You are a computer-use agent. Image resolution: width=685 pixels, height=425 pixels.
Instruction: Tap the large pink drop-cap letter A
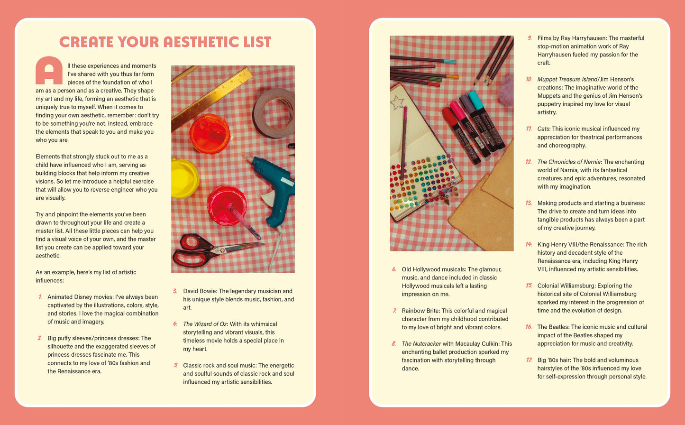[x=49, y=71]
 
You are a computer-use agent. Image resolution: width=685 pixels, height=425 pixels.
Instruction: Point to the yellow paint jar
[x=184, y=178]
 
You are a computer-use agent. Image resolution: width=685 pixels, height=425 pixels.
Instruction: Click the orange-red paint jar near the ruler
[x=209, y=134]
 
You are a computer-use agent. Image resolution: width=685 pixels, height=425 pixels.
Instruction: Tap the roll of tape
[x=274, y=113]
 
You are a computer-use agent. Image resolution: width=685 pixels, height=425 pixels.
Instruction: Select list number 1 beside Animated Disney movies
[x=40, y=297]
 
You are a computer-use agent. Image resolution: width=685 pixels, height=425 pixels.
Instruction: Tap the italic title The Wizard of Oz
[x=205, y=324]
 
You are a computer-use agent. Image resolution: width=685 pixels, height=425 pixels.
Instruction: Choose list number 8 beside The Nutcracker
[x=393, y=343]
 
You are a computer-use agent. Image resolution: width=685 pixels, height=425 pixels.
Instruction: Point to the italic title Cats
[x=543, y=129]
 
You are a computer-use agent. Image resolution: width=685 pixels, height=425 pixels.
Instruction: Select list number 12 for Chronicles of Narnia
[x=529, y=162]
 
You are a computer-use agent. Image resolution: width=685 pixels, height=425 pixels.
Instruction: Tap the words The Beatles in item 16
[x=553, y=327]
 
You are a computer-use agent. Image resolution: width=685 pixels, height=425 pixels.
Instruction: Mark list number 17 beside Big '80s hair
[x=529, y=360]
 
